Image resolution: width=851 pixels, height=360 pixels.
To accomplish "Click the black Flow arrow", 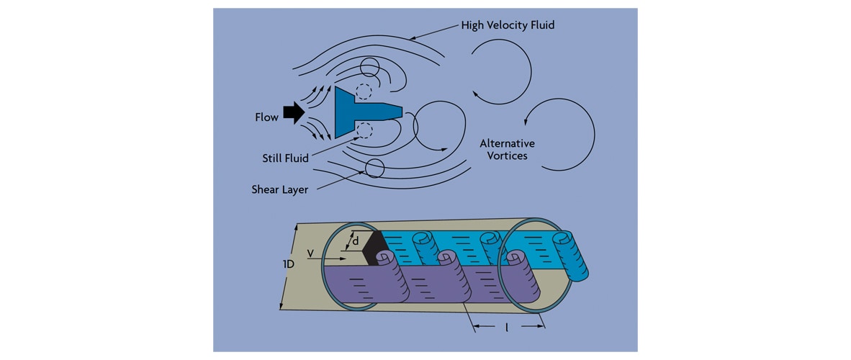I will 294,112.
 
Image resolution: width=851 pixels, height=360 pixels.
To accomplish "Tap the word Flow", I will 266,117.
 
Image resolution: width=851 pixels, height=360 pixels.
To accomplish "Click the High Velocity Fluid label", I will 508,26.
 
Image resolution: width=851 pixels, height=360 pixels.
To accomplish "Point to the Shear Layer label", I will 279,189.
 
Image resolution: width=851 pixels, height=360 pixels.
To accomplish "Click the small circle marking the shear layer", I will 374,168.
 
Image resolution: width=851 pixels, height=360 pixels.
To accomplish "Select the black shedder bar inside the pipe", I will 376,248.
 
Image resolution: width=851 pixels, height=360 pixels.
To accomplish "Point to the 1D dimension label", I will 287,264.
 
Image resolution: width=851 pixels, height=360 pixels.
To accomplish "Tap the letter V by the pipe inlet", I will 309,253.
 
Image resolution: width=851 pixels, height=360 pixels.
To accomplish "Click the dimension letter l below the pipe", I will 507,327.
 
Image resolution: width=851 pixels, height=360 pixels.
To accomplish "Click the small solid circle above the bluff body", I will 369,67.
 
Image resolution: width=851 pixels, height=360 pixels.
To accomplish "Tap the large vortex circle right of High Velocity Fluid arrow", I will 501,70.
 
